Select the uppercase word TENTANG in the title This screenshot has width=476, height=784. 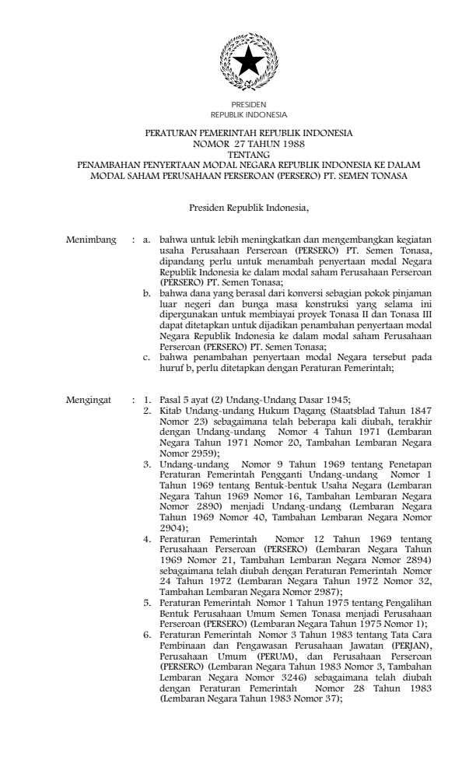pyautogui.click(x=238, y=155)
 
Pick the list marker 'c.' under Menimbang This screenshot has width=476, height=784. pyautogui.click(x=147, y=356)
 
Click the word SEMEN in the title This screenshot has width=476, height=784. pyautogui.click(x=341, y=175)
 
